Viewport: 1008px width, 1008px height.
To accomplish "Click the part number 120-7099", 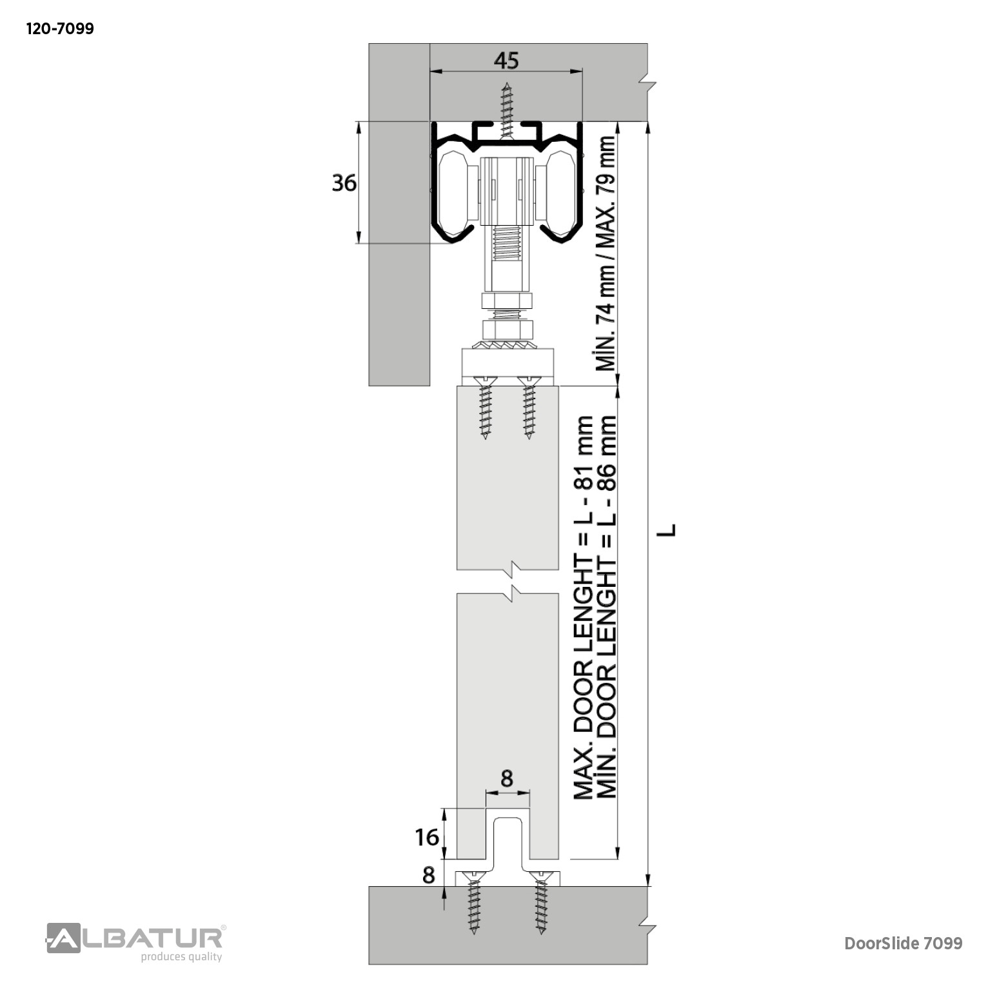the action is [x=60, y=29].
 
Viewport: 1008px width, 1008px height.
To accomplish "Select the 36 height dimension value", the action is [x=344, y=183].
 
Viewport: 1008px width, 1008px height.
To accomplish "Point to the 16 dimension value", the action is [x=427, y=837].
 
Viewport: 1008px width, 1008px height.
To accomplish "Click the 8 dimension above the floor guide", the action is [x=506, y=778].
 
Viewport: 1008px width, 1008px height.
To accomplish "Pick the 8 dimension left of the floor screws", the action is [x=429, y=875].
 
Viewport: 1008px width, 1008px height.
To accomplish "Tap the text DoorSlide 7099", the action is [x=904, y=944].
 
